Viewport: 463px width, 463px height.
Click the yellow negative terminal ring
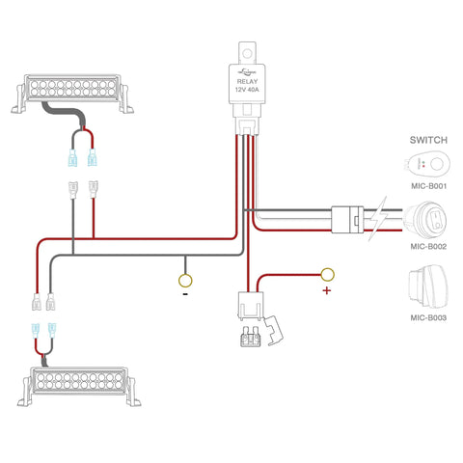coord(185,282)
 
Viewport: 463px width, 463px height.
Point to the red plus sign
coord(326,290)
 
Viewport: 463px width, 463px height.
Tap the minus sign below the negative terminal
coord(184,296)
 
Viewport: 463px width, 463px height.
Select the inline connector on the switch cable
coord(346,218)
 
